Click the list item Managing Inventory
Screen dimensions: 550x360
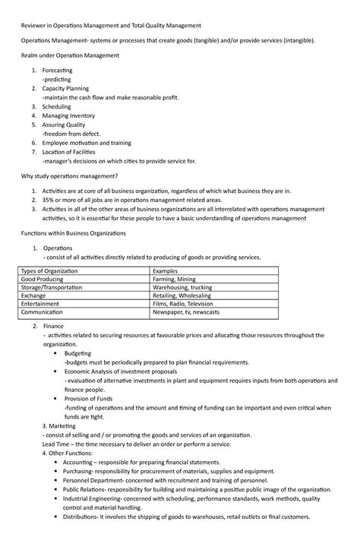click(69, 115)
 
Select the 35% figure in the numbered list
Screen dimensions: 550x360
click(49, 200)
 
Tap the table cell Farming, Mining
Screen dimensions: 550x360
click(175, 280)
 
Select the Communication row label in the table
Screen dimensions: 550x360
click(42, 312)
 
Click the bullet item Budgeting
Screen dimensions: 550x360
click(78, 354)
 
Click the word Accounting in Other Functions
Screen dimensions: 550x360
click(82, 462)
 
